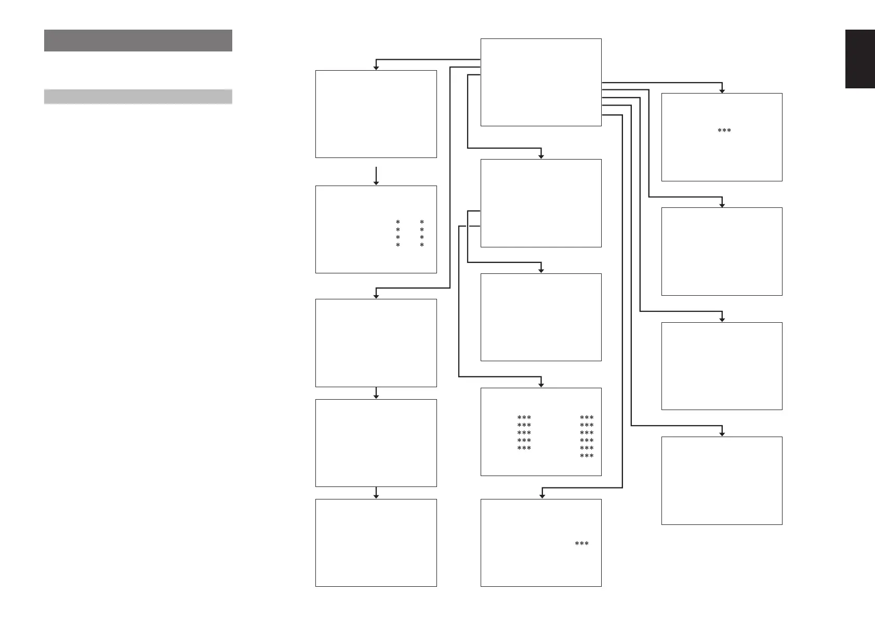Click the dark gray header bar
tap(138, 41)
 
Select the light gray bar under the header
tap(138, 97)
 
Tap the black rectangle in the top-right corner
tap(860, 59)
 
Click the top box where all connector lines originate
tap(541, 82)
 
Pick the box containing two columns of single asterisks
tap(376, 229)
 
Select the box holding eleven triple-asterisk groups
tap(541, 431)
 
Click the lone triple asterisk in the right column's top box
tap(724, 130)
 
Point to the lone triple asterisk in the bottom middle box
tap(581, 544)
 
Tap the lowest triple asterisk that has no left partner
tap(587, 456)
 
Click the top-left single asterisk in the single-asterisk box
tap(398, 222)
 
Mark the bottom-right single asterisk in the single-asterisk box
tap(422, 245)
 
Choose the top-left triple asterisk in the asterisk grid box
tap(524, 417)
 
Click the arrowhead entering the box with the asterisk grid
tap(541, 385)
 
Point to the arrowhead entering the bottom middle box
tap(541, 496)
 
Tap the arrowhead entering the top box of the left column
tap(376, 67)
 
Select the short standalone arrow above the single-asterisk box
tap(376, 175)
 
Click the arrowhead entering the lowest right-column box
tap(722, 433)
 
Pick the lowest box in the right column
tap(722, 480)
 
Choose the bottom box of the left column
tap(376, 543)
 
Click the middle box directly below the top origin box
tap(541, 203)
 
